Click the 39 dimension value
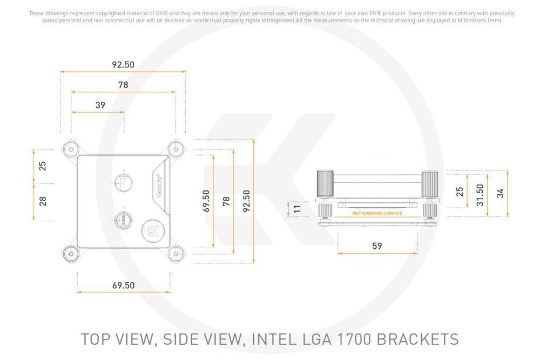pos(100,105)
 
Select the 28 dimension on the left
pos(43,201)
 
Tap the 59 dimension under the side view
pos(377,246)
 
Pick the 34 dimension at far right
pos(500,193)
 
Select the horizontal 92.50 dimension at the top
pos(123,65)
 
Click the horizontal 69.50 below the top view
pos(123,286)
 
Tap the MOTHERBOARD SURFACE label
pos(377,213)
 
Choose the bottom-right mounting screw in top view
pos(175,254)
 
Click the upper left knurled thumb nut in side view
pos(325,184)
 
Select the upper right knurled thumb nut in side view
pos(429,184)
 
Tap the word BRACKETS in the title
pos(417,339)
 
